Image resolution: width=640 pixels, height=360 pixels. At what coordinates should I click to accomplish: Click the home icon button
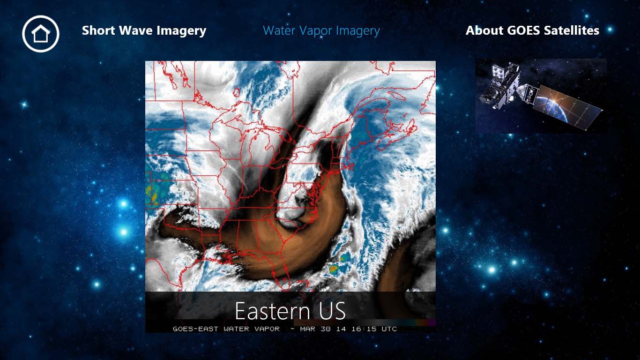pyautogui.click(x=41, y=33)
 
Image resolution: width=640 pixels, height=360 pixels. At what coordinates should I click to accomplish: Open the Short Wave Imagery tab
pyautogui.click(x=144, y=31)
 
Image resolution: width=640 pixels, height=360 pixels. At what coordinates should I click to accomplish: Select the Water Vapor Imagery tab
pyautogui.click(x=321, y=31)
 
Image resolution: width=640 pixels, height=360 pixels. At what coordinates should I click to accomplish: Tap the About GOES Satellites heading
pyautogui.click(x=532, y=31)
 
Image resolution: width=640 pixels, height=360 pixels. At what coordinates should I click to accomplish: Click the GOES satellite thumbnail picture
pyautogui.click(x=541, y=96)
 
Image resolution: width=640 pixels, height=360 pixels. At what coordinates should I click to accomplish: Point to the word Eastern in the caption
pyautogui.click(x=272, y=311)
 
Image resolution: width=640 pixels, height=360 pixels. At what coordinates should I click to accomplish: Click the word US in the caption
pyautogui.click(x=331, y=311)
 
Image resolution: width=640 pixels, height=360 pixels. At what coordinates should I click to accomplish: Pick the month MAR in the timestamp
pyautogui.click(x=308, y=329)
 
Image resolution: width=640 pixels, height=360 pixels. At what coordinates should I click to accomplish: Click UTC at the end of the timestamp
pyautogui.click(x=389, y=329)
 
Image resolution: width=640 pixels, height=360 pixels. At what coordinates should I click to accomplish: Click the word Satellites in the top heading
pyautogui.click(x=572, y=31)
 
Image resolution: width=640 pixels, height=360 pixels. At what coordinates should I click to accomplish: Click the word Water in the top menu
pyautogui.click(x=279, y=31)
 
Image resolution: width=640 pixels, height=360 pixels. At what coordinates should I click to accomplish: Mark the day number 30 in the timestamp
pyautogui.click(x=326, y=329)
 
